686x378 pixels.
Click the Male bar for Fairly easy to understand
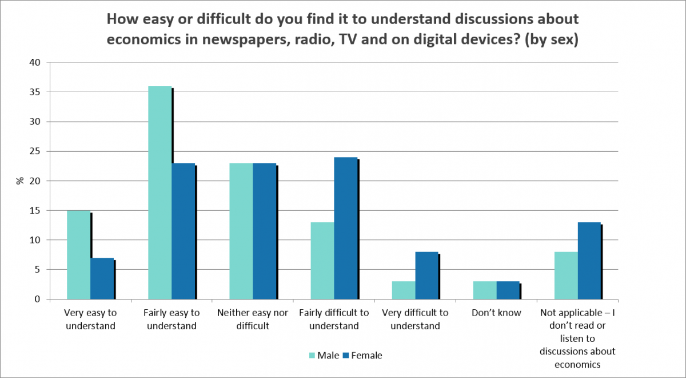[x=159, y=192]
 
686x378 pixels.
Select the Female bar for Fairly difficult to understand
[x=346, y=228]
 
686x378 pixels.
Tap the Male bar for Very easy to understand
[x=78, y=255]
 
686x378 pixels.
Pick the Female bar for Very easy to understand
[x=102, y=278]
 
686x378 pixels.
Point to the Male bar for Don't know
[x=485, y=290]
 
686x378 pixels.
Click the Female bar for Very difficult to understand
[x=427, y=275]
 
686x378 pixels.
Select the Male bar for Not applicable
[x=566, y=275]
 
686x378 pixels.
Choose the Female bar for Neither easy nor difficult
[x=265, y=231]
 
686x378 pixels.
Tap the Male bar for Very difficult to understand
[x=404, y=290]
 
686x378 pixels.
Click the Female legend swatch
[x=345, y=355]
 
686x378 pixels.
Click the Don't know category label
[x=496, y=313]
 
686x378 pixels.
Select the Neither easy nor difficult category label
[x=253, y=320]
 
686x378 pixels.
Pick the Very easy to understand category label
[x=91, y=320]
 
